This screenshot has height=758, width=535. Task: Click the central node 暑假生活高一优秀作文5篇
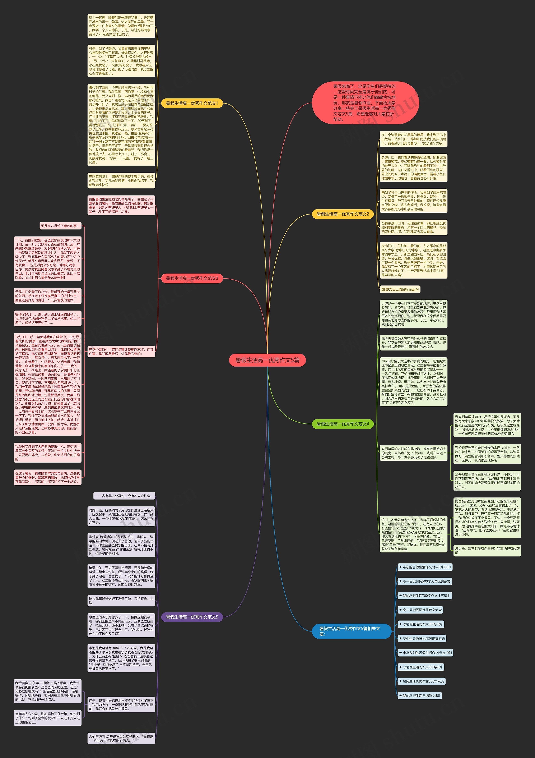(267, 360)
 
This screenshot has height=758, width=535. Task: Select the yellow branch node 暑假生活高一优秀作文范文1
(192, 103)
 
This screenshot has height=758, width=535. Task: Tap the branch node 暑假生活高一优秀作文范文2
(343, 214)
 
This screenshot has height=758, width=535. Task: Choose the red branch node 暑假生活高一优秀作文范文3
(192, 278)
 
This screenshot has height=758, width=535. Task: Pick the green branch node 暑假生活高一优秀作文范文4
(343, 424)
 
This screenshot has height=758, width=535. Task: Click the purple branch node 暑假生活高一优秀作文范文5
(192, 617)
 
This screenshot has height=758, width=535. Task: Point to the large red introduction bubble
(365, 103)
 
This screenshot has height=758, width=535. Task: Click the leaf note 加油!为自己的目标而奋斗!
(400, 289)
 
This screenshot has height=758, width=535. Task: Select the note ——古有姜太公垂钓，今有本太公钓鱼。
(124, 496)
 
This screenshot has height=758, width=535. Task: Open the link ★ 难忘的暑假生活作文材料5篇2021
(425, 567)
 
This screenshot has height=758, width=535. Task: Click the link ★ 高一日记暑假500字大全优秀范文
(424, 581)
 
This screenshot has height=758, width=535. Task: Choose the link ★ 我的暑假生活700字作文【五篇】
(424, 596)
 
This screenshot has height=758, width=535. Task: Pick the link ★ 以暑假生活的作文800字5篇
(421, 624)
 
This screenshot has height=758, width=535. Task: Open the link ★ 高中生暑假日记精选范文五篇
(422, 638)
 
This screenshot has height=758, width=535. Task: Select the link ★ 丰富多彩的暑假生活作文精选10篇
(425, 653)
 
